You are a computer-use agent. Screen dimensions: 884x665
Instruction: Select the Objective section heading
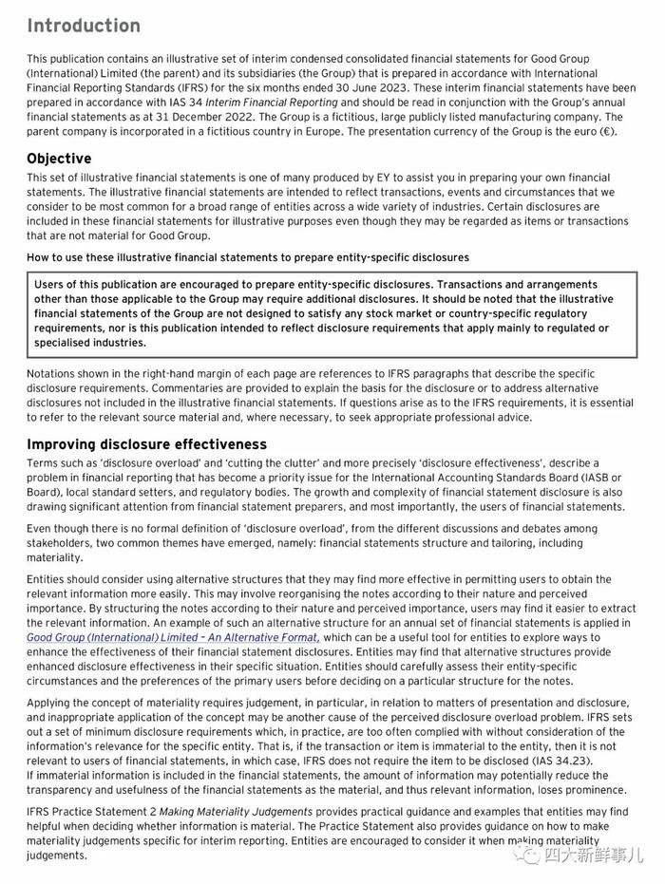tap(59, 159)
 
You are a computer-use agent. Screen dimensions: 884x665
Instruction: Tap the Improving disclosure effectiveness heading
tap(146, 444)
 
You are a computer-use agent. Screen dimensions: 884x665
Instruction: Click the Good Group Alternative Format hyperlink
tap(173, 637)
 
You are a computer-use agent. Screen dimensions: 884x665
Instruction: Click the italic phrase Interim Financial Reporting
tap(280, 103)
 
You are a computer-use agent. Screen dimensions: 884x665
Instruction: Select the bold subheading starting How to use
tap(247, 257)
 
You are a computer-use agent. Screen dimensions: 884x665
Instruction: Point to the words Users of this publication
tap(100, 285)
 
